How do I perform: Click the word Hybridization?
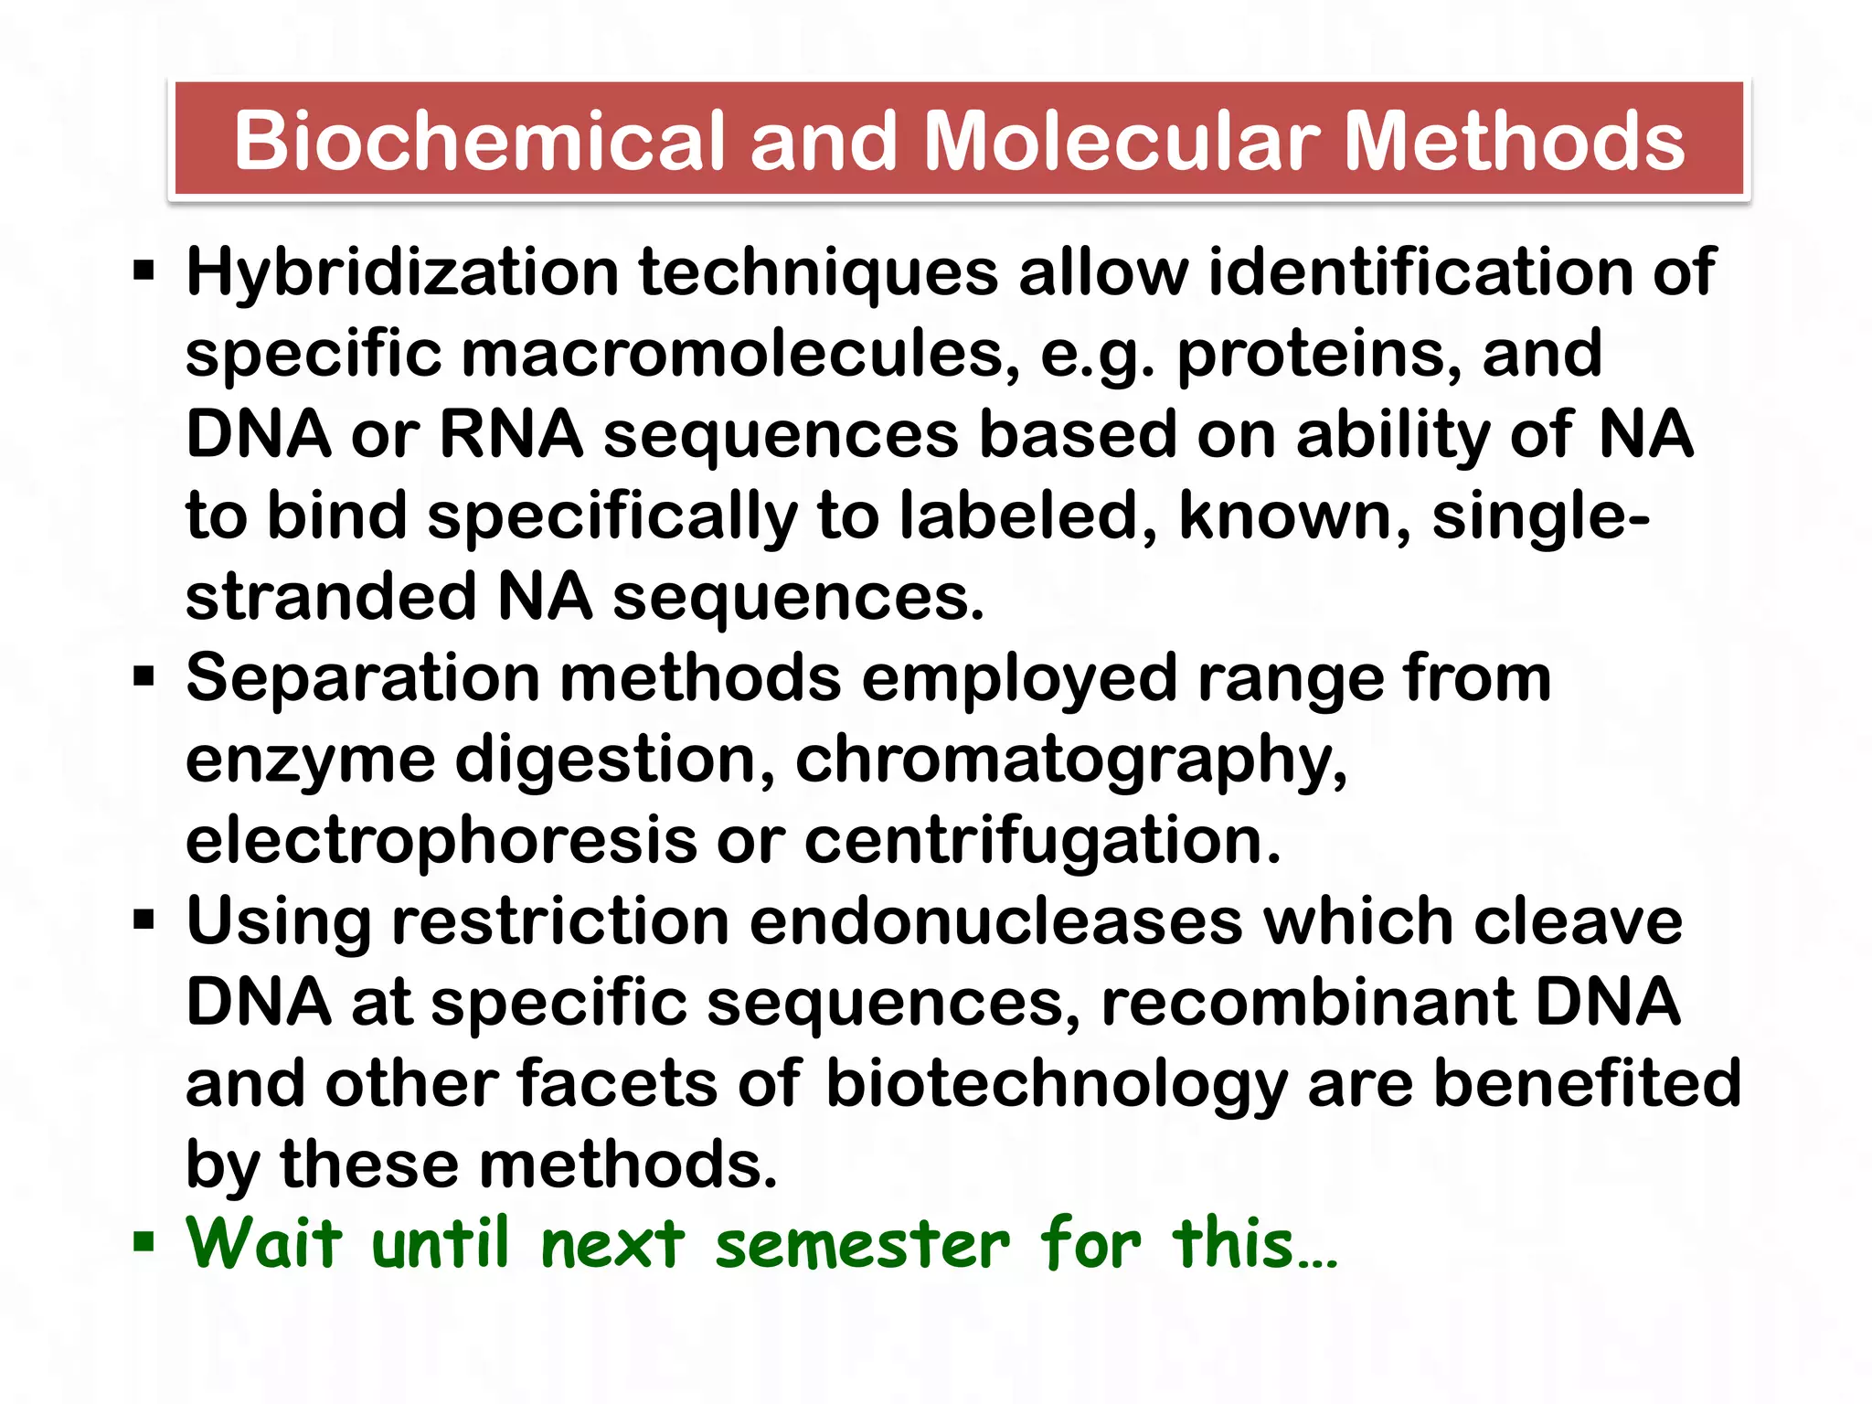[402, 273]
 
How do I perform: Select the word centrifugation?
[1042, 841]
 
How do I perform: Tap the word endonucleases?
[995, 922]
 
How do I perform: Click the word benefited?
[1587, 1084]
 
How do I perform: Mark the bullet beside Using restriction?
[144, 919]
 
